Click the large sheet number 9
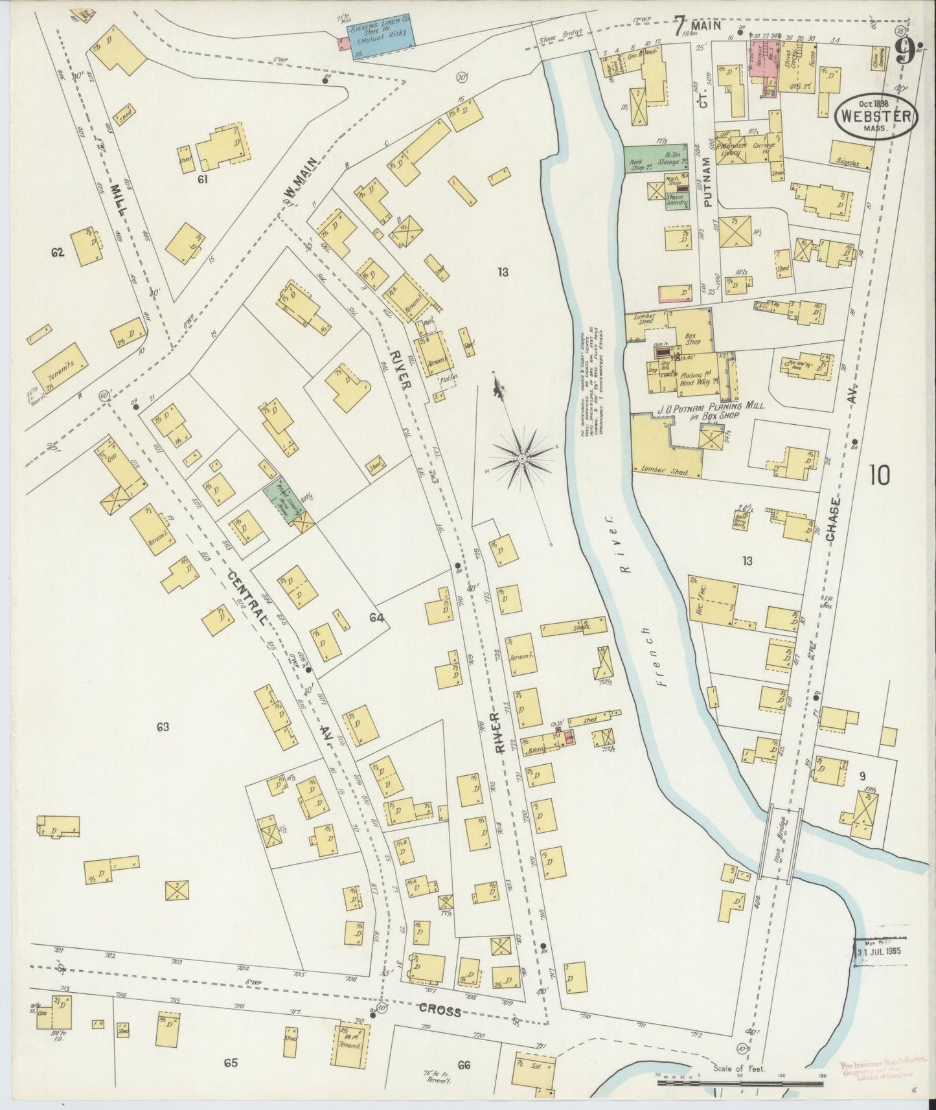pyautogui.click(x=904, y=51)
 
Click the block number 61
pyautogui.click(x=203, y=179)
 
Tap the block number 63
pyautogui.click(x=162, y=727)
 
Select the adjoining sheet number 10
pyautogui.click(x=880, y=476)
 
